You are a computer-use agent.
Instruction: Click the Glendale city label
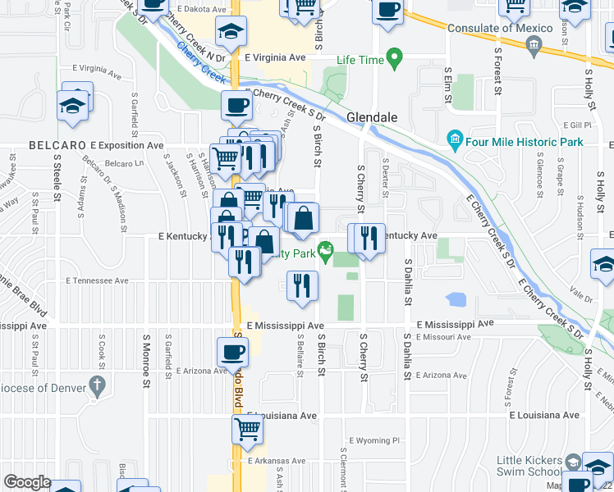pos(372,117)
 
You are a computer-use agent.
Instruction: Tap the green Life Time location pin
pos(395,59)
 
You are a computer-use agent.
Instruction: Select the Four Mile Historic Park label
pos(525,142)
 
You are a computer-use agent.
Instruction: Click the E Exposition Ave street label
pos(127,145)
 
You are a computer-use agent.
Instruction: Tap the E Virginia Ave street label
pos(275,58)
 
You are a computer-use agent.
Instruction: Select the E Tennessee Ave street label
pos(98,280)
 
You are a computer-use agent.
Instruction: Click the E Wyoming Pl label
pos(373,440)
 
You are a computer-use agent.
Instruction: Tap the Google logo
pos(27,482)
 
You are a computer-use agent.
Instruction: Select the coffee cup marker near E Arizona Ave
pos(232,352)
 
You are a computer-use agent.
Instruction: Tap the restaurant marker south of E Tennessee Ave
pos(302,285)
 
